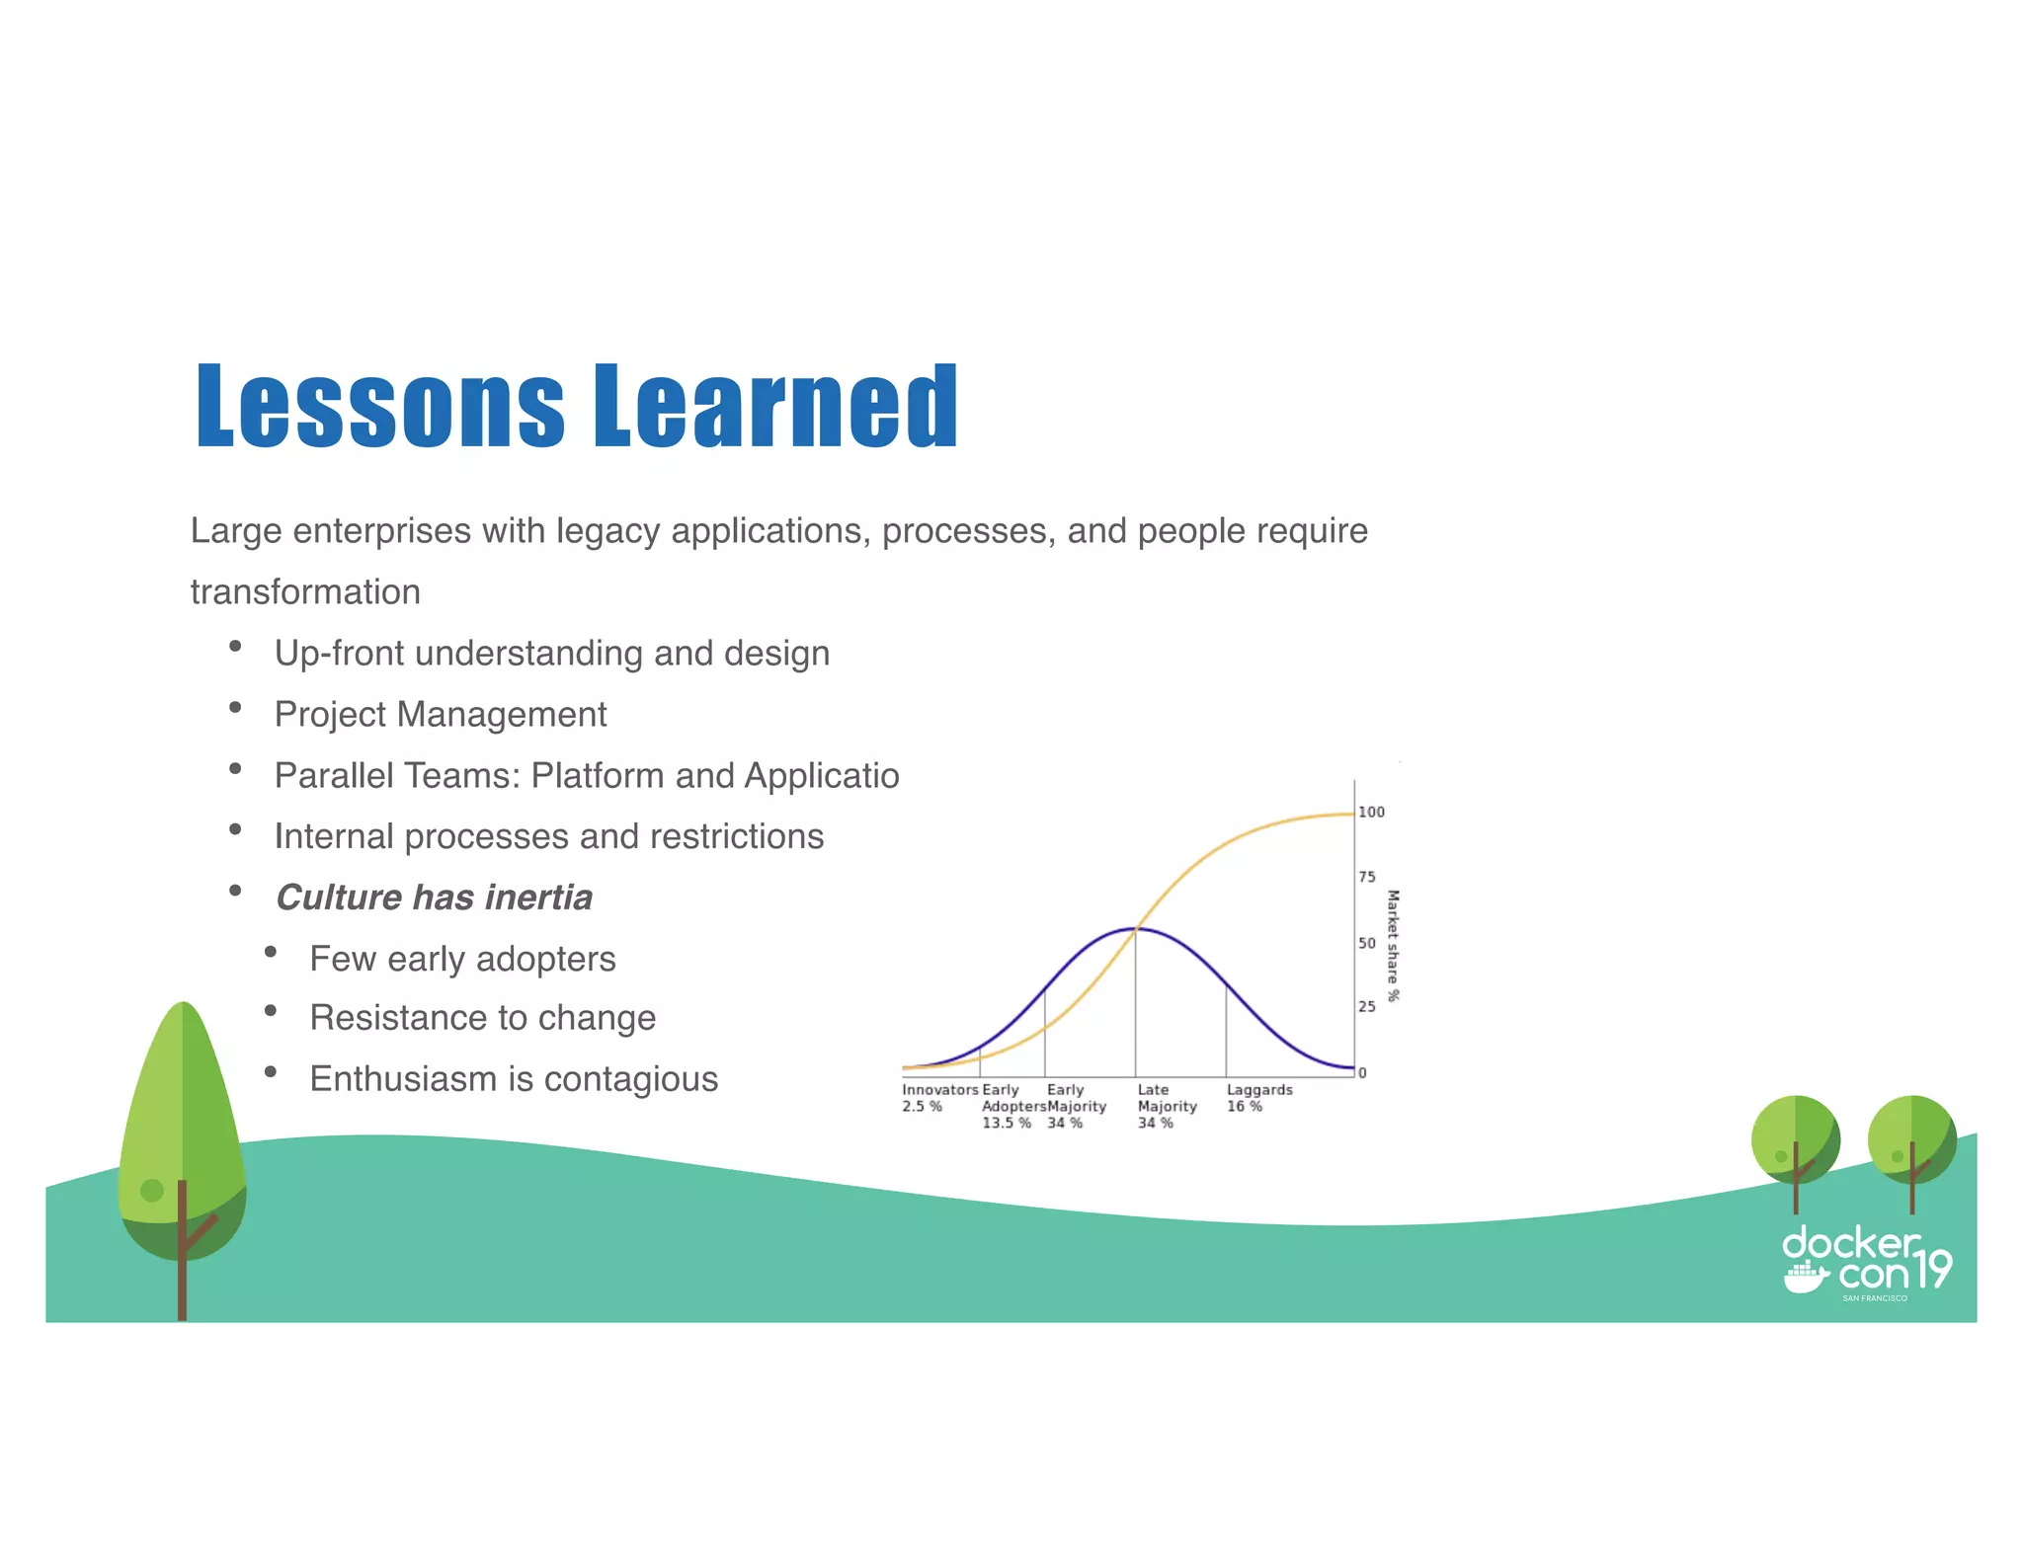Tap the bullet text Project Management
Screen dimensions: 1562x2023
coord(441,714)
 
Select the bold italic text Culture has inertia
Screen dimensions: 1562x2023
coord(434,898)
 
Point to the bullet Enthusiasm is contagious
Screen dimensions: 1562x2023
coord(514,1079)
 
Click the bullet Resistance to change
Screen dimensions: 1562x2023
coord(482,1018)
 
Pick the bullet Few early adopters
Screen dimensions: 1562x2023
coord(462,959)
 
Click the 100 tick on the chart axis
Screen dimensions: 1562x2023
coord(1371,813)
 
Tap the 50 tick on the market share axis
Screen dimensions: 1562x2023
coord(1367,943)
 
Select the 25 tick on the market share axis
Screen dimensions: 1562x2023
coord(1367,1007)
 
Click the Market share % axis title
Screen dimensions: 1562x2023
coord(1393,945)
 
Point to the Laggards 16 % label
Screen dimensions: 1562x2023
coord(1258,1098)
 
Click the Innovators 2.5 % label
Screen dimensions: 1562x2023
coord(938,1098)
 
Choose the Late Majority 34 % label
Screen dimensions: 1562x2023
coord(1166,1106)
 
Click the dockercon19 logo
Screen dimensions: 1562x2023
coord(1866,1263)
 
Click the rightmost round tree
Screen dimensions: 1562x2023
coord(1911,1140)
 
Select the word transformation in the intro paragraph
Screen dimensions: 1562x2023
coord(305,592)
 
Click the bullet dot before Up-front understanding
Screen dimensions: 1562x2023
coord(235,647)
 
